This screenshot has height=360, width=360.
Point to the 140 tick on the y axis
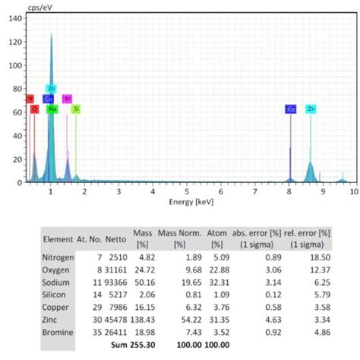(x=16, y=17)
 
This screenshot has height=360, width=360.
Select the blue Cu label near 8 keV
(x=291, y=109)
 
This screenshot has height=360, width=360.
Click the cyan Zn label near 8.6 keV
(x=311, y=109)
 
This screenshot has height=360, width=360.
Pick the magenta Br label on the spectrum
(x=67, y=99)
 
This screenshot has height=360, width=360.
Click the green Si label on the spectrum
(x=76, y=109)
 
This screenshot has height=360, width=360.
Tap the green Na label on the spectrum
(x=52, y=109)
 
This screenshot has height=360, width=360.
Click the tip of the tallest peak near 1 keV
(x=52, y=34)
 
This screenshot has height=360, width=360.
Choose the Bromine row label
(x=58, y=331)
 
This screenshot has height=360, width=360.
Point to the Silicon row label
(x=56, y=294)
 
